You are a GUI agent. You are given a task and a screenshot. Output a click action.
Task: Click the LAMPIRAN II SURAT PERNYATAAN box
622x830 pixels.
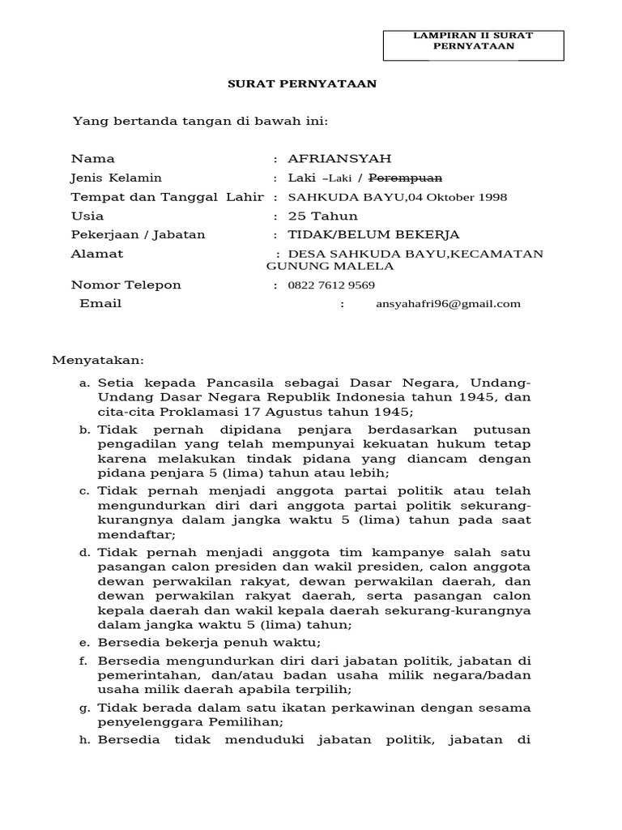pyautogui.click(x=473, y=41)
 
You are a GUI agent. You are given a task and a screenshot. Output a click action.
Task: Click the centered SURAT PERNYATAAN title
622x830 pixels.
pyautogui.click(x=300, y=83)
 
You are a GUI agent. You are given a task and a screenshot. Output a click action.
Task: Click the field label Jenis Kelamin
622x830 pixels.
pyautogui.click(x=117, y=178)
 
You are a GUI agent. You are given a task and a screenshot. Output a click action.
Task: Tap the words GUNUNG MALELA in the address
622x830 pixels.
pyautogui.click(x=330, y=266)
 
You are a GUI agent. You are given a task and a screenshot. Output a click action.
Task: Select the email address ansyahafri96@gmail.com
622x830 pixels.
pyautogui.click(x=448, y=304)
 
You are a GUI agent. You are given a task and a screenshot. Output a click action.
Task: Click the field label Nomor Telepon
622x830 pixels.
pyautogui.click(x=126, y=285)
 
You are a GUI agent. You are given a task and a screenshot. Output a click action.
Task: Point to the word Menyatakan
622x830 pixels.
pyautogui.click(x=98, y=359)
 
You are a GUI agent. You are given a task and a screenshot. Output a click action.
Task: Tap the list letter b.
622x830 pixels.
pyautogui.click(x=83, y=429)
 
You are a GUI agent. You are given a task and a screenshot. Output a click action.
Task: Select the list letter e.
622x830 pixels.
pyautogui.click(x=83, y=643)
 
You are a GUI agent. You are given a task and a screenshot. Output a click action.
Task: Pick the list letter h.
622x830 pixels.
pyautogui.click(x=83, y=740)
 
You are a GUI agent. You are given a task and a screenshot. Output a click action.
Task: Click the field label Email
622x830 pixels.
pyautogui.click(x=100, y=303)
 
